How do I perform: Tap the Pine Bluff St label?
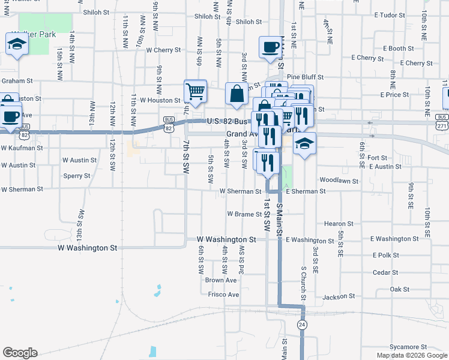point(305,77)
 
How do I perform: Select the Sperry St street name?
point(77,176)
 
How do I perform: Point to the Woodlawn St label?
point(339,180)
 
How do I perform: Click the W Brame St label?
point(243,214)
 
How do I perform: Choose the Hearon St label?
point(337,224)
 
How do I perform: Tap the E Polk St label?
point(386,255)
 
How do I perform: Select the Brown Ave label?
point(221,280)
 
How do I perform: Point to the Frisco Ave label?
point(223,295)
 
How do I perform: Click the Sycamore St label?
point(408,347)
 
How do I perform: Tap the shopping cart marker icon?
point(195,92)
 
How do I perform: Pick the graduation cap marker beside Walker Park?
point(16,44)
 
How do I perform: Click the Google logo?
point(20,353)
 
